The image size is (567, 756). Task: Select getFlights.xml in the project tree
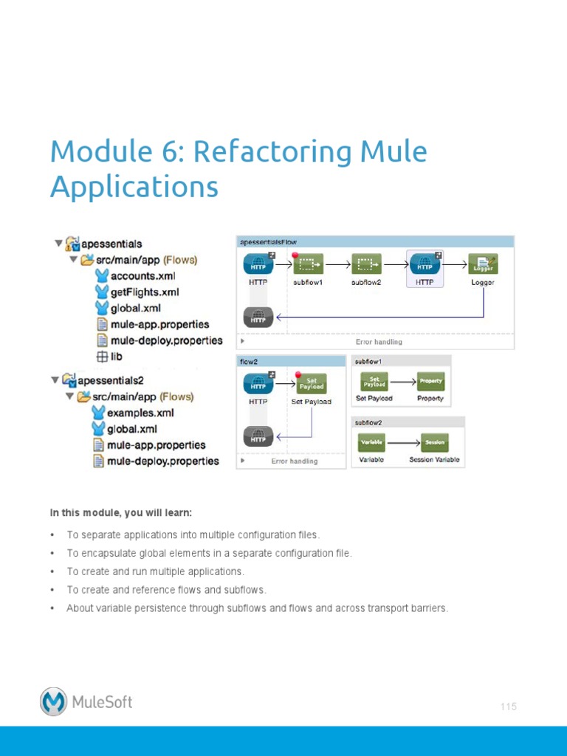(144, 292)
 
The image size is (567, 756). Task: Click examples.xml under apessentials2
(140, 413)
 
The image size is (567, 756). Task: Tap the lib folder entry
(116, 357)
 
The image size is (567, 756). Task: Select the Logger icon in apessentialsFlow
(483, 264)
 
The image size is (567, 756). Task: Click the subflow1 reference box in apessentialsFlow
(309, 264)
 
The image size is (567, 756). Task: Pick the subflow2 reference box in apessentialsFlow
(366, 264)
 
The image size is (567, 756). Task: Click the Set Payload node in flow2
(311, 383)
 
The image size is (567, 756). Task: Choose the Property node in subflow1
(430, 382)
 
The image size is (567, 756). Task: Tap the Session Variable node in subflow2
(434, 443)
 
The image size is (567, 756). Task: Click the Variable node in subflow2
(371, 443)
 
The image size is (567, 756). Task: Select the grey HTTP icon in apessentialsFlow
(258, 318)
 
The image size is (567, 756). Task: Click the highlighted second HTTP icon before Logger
(425, 264)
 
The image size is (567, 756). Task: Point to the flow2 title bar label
(248, 362)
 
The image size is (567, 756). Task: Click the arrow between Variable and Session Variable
(403, 443)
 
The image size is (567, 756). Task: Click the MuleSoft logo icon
(54, 701)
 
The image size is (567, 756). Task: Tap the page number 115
(508, 707)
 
